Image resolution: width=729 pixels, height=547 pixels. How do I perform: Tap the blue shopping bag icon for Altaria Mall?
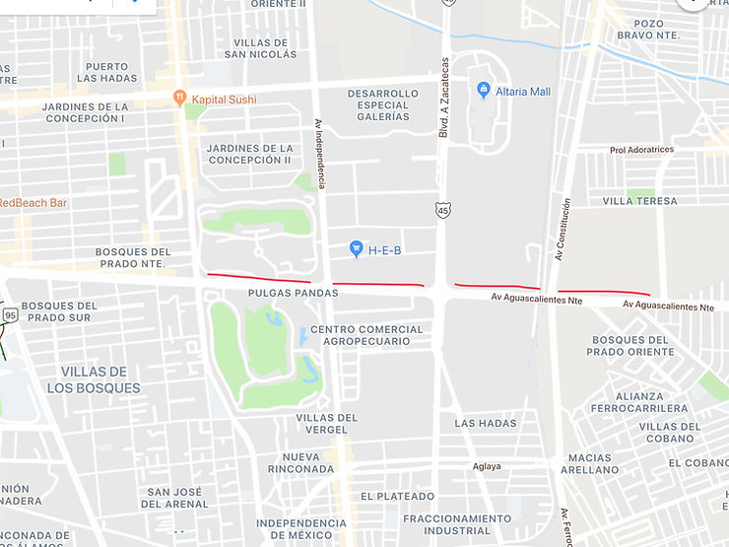coord(483,91)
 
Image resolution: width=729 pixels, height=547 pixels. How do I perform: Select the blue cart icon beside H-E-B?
coord(357,249)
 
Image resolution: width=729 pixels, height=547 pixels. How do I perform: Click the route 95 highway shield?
coord(10,314)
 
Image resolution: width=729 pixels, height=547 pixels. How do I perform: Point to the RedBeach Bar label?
coord(33,203)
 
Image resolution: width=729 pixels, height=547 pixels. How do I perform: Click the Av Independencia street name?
coord(319,155)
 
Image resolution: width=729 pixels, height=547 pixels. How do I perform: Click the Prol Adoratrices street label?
coord(641,150)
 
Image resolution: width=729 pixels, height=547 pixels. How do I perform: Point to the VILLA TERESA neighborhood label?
coord(639,201)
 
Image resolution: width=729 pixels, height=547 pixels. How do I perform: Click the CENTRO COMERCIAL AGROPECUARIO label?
coord(366,336)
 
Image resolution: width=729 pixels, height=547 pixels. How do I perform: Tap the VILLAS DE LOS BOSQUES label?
coord(94,379)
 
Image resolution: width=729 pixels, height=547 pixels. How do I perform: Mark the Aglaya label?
coord(487,467)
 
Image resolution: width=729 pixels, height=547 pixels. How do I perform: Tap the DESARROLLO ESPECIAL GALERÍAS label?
coord(378,105)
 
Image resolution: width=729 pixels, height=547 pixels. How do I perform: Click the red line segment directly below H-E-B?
coord(378,285)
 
